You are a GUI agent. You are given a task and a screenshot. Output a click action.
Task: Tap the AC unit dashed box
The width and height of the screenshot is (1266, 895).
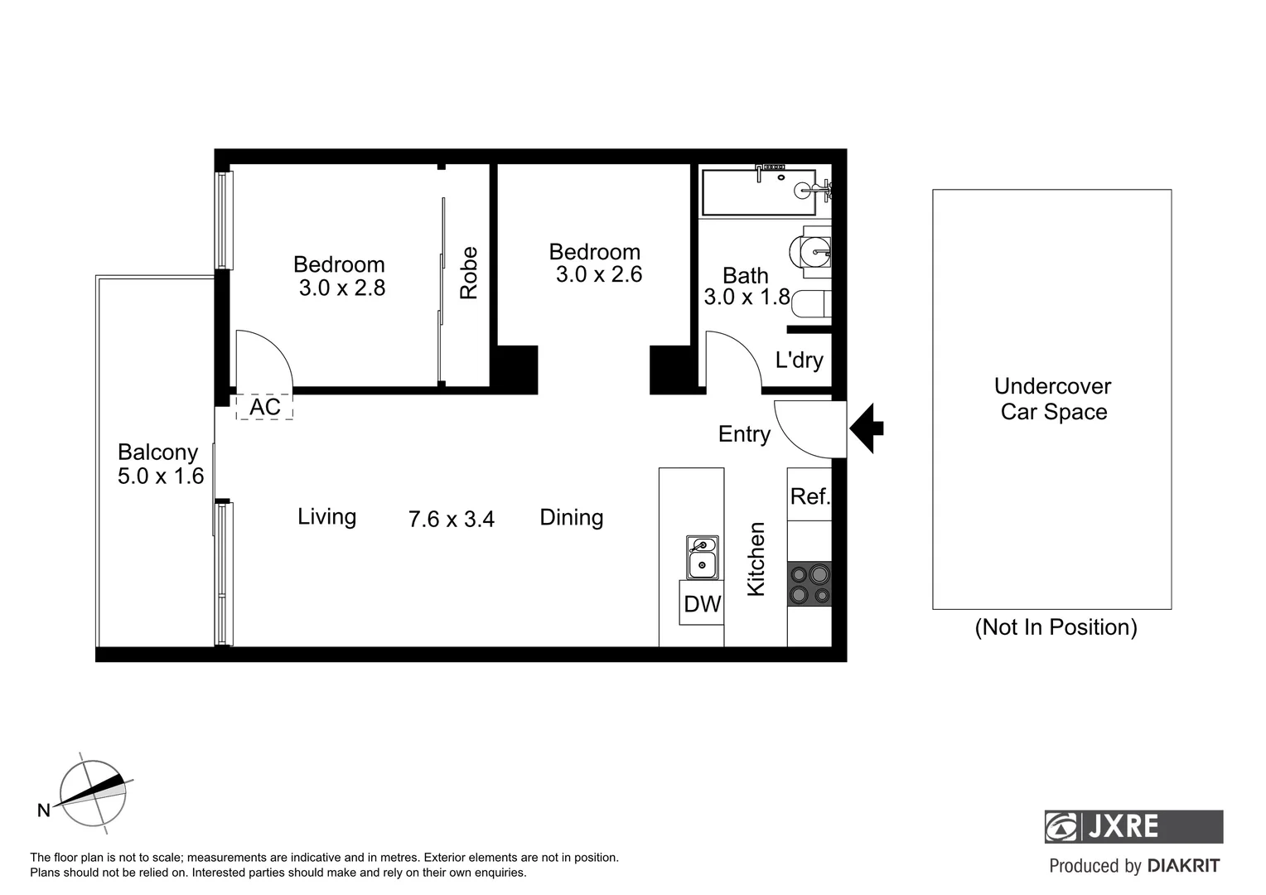[x=264, y=407]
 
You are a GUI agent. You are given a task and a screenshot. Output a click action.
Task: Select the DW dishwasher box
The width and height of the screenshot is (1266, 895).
[x=702, y=603]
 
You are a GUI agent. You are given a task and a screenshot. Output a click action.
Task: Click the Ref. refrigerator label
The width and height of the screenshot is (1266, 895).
[x=809, y=496]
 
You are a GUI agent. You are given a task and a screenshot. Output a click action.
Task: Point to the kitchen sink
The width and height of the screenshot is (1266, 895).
[x=702, y=557]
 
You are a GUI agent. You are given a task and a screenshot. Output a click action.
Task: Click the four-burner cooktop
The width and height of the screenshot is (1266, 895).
[x=809, y=584]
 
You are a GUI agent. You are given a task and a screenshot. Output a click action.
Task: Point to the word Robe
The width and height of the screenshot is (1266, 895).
[x=469, y=273]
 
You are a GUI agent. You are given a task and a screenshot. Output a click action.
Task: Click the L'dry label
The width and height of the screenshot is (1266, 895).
[x=799, y=360]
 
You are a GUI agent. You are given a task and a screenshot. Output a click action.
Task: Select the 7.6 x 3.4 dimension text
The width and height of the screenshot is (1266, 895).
[x=452, y=519]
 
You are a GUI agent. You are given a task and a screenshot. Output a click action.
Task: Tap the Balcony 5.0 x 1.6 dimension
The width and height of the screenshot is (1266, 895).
[x=161, y=476]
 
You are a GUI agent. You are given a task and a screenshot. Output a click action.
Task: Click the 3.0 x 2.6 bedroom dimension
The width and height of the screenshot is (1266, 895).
[x=598, y=274]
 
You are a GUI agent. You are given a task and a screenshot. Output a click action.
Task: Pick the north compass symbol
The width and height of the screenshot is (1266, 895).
[x=93, y=793]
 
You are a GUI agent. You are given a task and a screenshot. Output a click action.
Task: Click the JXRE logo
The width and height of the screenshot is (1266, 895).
[x=1133, y=826]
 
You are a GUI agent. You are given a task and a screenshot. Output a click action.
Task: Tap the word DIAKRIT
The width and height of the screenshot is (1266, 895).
[x=1183, y=866]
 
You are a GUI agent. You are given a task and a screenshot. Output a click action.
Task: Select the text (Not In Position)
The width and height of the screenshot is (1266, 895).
[x=1056, y=627]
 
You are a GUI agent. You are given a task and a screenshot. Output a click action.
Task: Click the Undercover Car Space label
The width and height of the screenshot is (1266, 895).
[x=1053, y=399]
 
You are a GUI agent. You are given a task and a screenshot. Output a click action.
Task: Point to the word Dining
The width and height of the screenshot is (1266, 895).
[x=572, y=517]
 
